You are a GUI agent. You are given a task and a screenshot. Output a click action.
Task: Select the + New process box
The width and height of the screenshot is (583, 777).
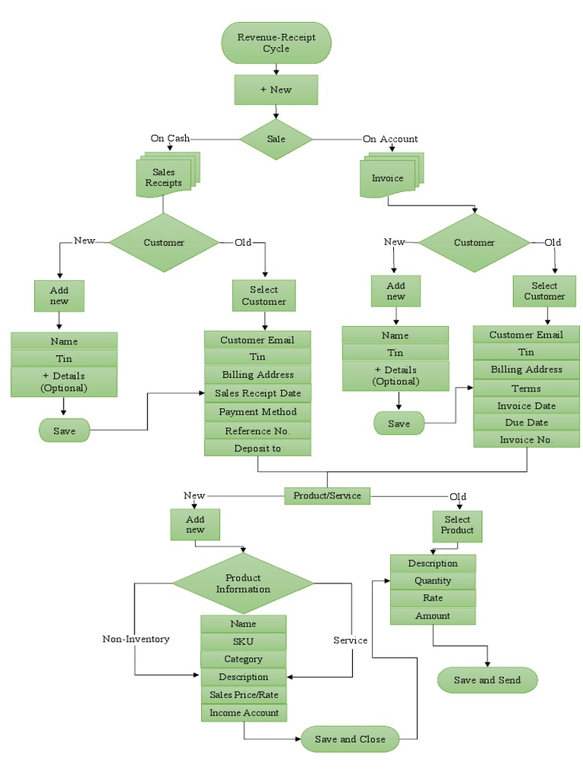point(276,90)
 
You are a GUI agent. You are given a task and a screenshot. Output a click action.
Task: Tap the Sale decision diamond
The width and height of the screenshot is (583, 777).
point(276,139)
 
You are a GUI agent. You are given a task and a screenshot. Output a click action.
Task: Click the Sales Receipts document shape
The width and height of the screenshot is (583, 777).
point(164,178)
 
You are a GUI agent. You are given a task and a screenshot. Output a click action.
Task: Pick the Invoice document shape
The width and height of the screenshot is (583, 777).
point(388,178)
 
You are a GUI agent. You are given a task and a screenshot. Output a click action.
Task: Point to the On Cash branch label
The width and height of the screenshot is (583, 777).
point(170,138)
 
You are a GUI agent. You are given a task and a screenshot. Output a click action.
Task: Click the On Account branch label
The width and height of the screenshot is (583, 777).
point(390,139)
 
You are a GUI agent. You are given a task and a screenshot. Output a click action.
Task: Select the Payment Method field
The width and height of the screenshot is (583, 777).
point(257,412)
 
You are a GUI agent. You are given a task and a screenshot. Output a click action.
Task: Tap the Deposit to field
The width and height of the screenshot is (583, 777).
point(257,448)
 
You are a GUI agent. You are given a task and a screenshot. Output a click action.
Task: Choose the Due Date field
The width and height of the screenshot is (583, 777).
point(526,423)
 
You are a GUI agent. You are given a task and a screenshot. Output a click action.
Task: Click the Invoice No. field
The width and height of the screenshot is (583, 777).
point(526,439)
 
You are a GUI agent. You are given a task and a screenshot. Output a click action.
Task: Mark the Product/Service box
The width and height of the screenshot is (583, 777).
point(328,495)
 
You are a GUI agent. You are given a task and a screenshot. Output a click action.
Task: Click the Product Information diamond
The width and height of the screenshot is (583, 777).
point(243,583)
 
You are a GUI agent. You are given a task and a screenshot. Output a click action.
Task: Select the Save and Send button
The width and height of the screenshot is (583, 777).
point(487,680)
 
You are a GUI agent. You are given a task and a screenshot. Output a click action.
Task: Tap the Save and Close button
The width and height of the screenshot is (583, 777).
point(350,739)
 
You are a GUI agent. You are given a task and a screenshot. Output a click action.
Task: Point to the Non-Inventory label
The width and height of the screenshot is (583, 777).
point(136,639)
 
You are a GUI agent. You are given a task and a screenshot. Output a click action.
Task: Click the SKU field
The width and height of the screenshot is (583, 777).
point(243,641)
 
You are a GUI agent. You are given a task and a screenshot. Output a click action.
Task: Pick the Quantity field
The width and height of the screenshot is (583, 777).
point(433,580)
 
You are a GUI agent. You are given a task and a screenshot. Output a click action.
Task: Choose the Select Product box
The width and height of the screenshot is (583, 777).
point(457,525)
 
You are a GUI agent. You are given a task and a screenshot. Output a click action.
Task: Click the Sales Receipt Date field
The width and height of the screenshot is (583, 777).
point(257,393)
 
